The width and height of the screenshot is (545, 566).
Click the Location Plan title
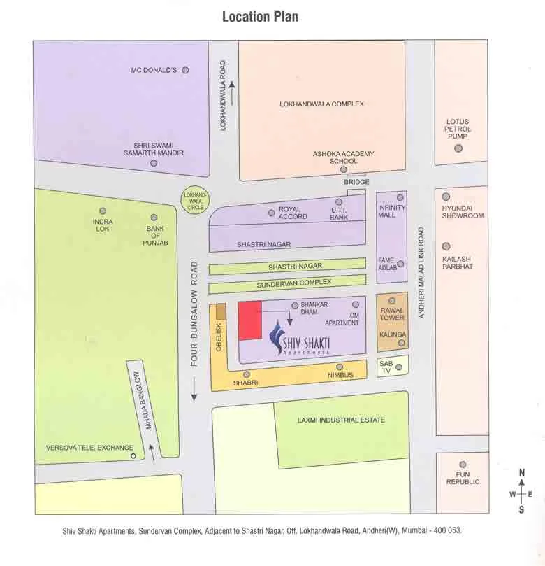pyautogui.click(x=260, y=16)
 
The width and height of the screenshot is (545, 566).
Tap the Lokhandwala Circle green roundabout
pyautogui.click(x=195, y=201)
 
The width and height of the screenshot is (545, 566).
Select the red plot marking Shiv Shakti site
pyautogui.click(x=250, y=321)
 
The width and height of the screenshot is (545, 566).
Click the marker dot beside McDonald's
pyautogui.click(x=185, y=70)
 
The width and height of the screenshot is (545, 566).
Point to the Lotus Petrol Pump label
pyautogui.click(x=458, y=129)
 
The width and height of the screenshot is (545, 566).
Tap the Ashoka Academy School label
pyautogui.click(x=343, y=157)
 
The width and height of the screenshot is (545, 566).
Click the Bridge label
pyautogui.click(x=356, y=182)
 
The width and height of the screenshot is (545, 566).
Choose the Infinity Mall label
pyautogui.click(x=392, y=211)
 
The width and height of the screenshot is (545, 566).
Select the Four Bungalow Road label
pyautogui.click(x=195, y=314)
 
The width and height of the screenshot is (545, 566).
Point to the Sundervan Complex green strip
pyautogui.click(x=287, y=283)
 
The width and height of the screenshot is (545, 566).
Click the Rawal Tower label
pyautogui.click(x=392, y=313)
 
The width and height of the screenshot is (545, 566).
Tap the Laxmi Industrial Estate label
pyautogui.click(x=340, y=420)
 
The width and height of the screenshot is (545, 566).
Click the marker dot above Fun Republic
pyautogui.click(x=462, y=464)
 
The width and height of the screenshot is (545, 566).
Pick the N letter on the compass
pyautogui.click(x=521, y=474)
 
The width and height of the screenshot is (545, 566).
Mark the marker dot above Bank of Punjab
pyautogui.click(x=154, y=218)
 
